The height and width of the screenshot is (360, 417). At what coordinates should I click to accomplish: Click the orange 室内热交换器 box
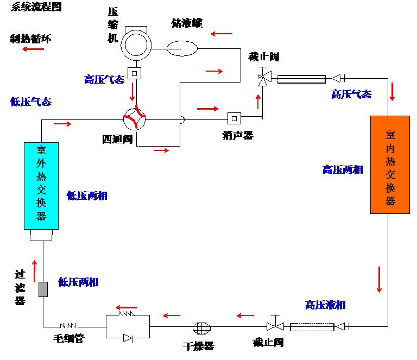(390, 165)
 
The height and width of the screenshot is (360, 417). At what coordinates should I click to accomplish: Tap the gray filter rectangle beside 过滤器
(43, 289)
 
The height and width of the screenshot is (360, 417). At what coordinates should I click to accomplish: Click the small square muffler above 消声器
(234, 117)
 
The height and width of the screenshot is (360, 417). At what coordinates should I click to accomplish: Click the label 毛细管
(68, 339)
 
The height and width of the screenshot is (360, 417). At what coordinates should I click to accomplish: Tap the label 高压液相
(325, 305)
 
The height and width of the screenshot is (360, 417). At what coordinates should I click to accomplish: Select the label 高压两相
(342, 169)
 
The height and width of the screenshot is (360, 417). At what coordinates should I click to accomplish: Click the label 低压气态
(30, 102)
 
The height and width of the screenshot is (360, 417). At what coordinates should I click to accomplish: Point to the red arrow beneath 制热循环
(33, 49)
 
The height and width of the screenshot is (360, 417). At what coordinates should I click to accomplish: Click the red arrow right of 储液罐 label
(222, 34)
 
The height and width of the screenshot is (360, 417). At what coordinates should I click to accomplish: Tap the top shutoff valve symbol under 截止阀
(263, 79)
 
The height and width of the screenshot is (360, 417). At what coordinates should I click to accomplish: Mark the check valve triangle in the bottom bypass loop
(128, 338)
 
